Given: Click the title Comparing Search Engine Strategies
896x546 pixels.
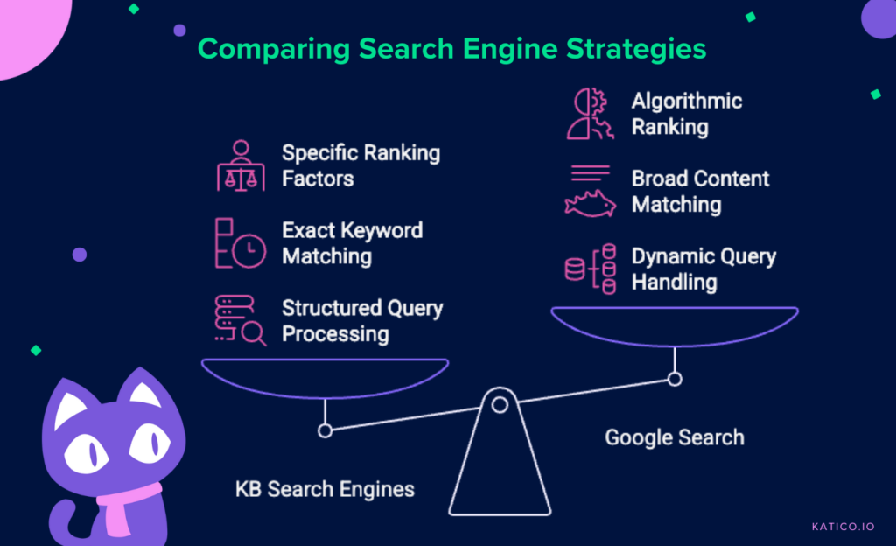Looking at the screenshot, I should pyautogui.click(x=451, y=48).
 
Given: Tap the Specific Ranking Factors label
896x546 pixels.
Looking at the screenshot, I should pyautogui.click(x=360, y=165).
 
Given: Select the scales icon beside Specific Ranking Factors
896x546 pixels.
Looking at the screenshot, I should pyautogui.click(x=241, y=165).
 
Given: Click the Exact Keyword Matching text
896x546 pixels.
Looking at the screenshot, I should pyautogui.click(x=352, y=243).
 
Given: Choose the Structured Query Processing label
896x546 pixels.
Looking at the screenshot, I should pyautogui.click(x=362, y=321).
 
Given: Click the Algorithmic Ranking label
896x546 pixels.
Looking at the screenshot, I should pyautogui.click(x=686, y=114).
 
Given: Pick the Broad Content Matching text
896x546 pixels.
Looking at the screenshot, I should pyautogui.click(x=700, y=192).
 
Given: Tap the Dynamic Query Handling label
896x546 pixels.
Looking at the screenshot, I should pyautogui.click(x=703, y=269).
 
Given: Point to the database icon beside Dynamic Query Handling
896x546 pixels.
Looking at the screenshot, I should pyautogui.click(x=587, y=269).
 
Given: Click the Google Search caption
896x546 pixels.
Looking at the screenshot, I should pyautogui.click(x=674, y=437).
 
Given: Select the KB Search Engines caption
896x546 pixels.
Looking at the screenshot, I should pyautogui.click(x=325, y=488).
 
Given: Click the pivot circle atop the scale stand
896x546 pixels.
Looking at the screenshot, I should pyautogui.click(x=500, y=404).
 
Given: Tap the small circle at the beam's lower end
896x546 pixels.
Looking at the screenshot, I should pyautogui.click(x=325, y=430).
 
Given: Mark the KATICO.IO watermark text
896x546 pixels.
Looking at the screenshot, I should pyautogui.click(x=843, y=527).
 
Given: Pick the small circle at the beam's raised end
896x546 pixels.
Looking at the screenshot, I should pyautogui.click(x=675, y=379).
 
